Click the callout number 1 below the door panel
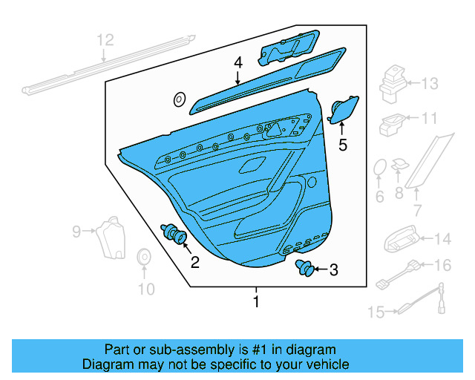[256, 302]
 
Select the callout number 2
[194, 261]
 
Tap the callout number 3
[333, 270]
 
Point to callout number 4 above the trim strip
[237, 62]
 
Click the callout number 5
[342, 145]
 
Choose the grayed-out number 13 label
[431, 84]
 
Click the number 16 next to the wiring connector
[442, 265]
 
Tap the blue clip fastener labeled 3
[304, 268]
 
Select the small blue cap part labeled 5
[343, 110]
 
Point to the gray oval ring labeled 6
[379, 168]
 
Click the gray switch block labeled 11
[392, 124]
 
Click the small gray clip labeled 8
[400, 165]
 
